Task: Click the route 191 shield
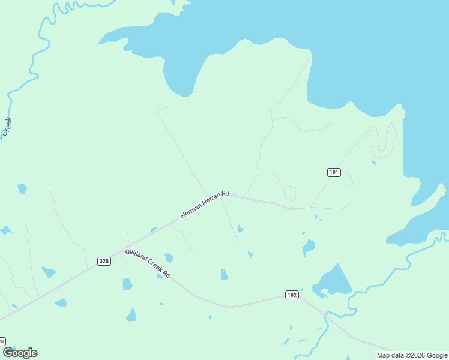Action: tap(334, 172)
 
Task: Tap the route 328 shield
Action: tap(104, 261)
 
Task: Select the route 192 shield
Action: tap(291, 295)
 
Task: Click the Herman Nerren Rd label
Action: tap(205, 205)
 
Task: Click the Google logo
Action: tap(20, 353)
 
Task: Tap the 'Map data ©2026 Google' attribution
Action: tap(412, 355)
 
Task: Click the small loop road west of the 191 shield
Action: tap(290, 193)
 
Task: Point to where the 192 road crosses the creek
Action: tap(325, 314)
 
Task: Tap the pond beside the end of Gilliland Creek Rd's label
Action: tap(169, 257)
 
